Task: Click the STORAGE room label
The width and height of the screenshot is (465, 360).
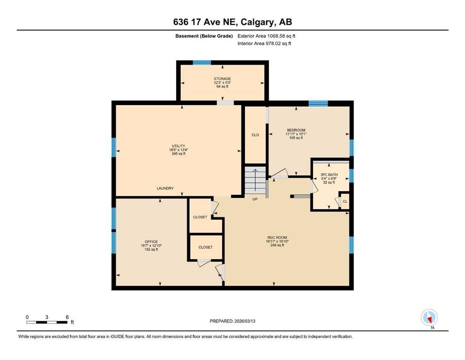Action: click(222, 79)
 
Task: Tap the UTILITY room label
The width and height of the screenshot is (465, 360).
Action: click(178, 146)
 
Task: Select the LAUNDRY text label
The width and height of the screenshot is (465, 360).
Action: click(165, 188)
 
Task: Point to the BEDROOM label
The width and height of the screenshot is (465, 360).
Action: click(296, 130)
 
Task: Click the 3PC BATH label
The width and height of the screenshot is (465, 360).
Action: click(329, 174)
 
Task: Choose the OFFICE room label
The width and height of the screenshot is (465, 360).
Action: click(151, 241)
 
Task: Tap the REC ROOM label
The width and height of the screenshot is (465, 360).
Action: click(275, 237)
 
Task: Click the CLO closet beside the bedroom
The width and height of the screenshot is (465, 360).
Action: click(255, 135)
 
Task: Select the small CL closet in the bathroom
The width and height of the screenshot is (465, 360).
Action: click(345, 201)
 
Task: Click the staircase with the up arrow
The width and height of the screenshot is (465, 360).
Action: click(255, 180)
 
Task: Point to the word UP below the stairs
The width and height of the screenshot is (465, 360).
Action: click(255, 199)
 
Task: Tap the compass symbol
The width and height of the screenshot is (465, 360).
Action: click(429, 317)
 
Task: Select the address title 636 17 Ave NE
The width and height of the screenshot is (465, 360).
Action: click(232, 22)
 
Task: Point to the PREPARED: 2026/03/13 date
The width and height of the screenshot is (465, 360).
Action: click(232, 321)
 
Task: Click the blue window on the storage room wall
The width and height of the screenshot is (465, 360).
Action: click(202, 62)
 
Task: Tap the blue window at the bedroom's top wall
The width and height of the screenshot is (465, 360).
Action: click(318, 103)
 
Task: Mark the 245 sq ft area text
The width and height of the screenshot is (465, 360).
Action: click(178, 154)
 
